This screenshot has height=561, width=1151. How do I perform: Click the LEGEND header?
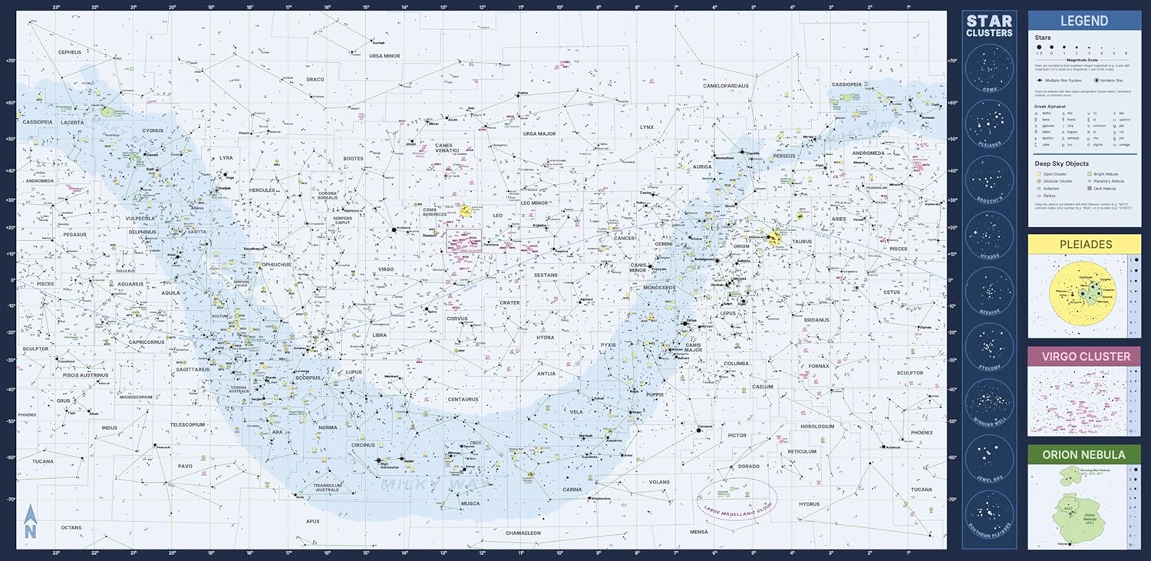tap(1083, 21)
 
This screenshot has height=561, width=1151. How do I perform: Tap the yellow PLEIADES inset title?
tap(1083, 244)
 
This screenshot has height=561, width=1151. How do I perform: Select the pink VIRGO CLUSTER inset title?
tap(1083, 356)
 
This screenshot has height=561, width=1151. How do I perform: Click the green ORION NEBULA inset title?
tap(1083, 454)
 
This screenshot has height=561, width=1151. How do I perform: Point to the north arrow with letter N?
tap(29, 522)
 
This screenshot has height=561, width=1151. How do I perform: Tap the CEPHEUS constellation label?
tap(74, 52)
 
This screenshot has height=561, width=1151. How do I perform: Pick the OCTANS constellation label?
tap(71, 527)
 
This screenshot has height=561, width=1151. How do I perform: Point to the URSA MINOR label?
tap(384, 56)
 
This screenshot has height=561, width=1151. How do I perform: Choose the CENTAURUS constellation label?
tap(463, 399)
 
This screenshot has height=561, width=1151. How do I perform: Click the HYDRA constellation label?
tap(545, 338)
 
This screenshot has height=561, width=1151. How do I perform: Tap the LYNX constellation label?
tap(647, 127)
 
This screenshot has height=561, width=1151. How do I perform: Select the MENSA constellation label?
tap(699, 532)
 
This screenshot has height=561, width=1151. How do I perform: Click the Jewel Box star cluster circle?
tap(989, 457)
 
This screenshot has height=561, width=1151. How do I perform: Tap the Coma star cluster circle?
tap(989, 66)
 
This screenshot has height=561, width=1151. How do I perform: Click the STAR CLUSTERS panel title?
tap(989, 26)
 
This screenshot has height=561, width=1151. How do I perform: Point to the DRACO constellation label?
tap(315, 79)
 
